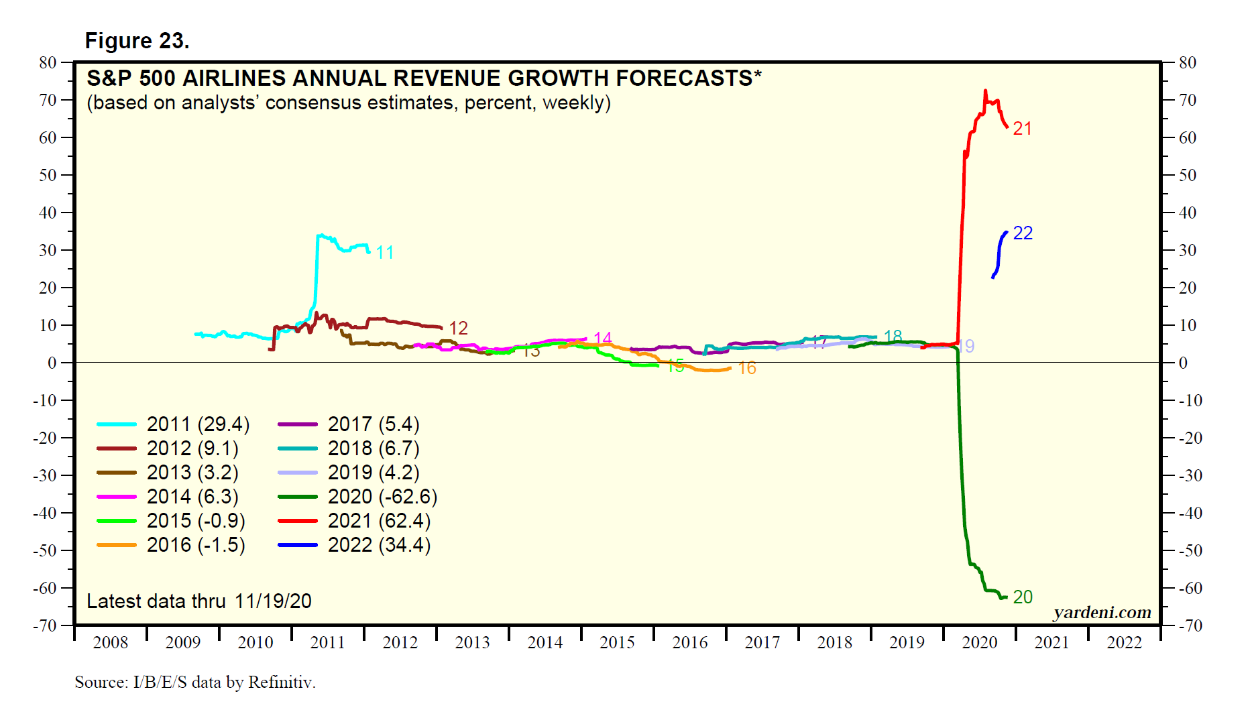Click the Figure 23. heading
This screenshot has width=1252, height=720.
tap(137, 41)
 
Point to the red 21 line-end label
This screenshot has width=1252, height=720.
tap(1022, 129)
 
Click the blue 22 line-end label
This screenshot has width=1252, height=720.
tap(1023, 233)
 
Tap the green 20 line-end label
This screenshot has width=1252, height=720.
tap(1023, 597)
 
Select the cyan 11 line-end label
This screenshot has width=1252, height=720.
tap(384, 253)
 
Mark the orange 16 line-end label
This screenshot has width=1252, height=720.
tap(747, 368)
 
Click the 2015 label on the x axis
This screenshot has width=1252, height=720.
tap(617, 643)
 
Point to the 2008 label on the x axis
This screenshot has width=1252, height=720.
tap(111, 643)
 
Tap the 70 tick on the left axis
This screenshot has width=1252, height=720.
tap(48, 101)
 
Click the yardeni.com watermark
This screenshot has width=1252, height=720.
tap(1102, 612)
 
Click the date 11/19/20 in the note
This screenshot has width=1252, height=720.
tap(273, 601)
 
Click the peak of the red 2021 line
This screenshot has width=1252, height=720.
tap(985, 91)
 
